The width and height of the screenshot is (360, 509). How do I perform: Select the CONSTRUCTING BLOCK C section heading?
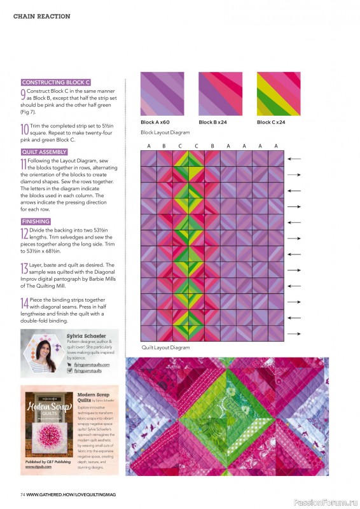(x=56, y=82)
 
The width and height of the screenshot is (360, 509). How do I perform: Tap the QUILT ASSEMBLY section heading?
(x=44, y=152)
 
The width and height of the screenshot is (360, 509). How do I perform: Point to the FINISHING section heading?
(x=36, y=221)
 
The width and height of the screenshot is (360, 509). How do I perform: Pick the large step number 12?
(x=24, y=234)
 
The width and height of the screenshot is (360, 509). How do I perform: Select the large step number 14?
(x=24, y=303)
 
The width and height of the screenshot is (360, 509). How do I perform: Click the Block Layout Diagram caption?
(x=165, y=132)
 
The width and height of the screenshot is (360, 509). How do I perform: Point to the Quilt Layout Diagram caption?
(x=165, y=347)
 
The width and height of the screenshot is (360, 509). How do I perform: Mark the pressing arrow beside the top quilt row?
(x=294, y=158)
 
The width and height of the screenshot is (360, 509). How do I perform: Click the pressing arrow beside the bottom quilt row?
(x=294, y=332)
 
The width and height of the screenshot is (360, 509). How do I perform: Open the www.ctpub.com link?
(x=39, y=467)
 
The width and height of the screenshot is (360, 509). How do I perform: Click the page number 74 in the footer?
(x=22, y=494)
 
